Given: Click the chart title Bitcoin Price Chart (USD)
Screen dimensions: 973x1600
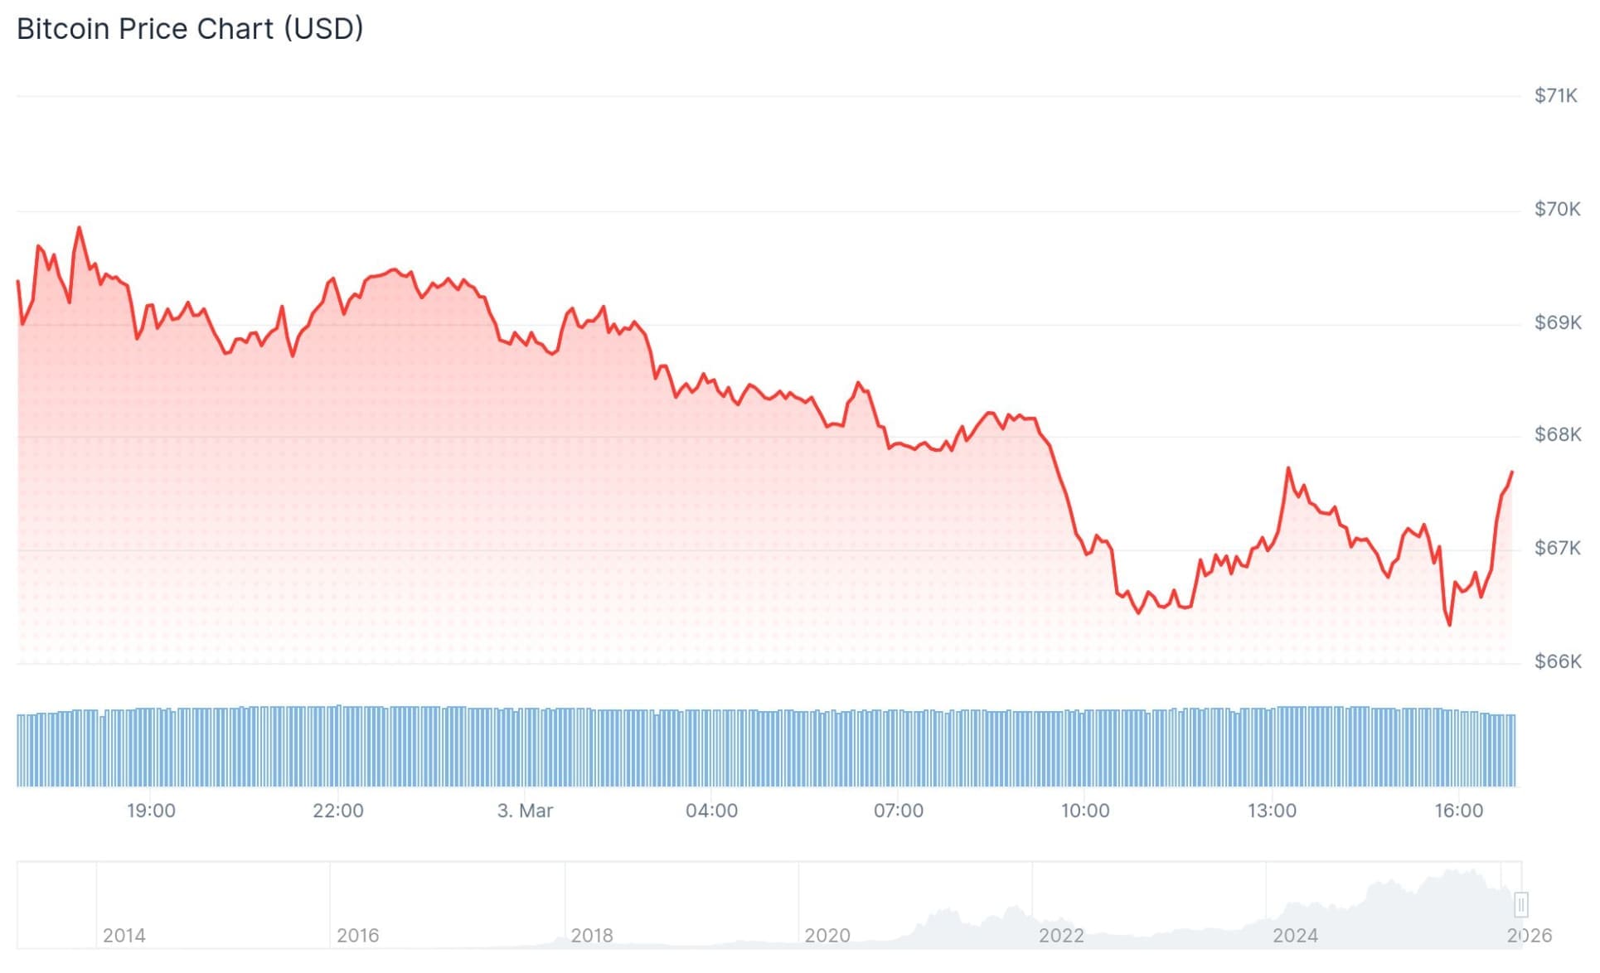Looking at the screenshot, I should coord(190,29).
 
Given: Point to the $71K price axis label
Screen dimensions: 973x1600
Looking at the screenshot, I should coord(1555,96).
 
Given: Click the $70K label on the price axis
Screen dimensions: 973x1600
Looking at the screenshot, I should coord(1556,209).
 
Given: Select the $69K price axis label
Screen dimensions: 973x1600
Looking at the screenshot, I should coord(1556,322).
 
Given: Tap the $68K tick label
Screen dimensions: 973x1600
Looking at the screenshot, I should coord(1556,435).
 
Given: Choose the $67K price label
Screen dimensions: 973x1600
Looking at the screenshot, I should coord(1556,548).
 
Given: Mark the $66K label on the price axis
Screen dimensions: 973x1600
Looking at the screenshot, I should coord(1556,661).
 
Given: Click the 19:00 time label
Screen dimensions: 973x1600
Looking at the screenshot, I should coord(151,811).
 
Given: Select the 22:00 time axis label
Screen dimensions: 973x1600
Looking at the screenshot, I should coord(337,811).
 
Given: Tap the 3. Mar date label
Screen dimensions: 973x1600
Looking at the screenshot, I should coord(525,811).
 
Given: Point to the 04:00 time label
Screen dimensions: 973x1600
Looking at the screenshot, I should coord(711,811).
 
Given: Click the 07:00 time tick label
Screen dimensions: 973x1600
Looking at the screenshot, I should coord(898,811).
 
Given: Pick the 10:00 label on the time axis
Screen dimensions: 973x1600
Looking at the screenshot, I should coord(1084,811).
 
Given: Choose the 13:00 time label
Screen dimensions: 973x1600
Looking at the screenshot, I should coord(1272,811).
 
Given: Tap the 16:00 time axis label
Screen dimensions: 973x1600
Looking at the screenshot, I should coord(1458,811).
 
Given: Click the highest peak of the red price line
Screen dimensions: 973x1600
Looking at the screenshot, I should coord(80,227).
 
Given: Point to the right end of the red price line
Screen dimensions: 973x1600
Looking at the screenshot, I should coord(1512,472).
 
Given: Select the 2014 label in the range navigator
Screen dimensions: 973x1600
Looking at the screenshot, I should coord(124,936).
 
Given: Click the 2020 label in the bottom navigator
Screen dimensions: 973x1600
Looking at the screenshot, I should coord(827,936).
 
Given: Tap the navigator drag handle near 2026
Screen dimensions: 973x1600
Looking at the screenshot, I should coord(1520,904).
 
